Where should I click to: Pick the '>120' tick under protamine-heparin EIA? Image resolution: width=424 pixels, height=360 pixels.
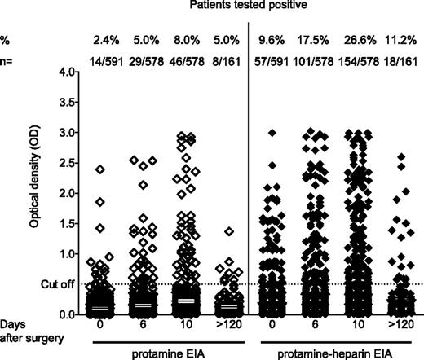pyautogui.click(x=398, y=324)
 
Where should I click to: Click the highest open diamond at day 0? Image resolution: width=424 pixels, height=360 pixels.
pyautogui.click(x=100, y=169)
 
